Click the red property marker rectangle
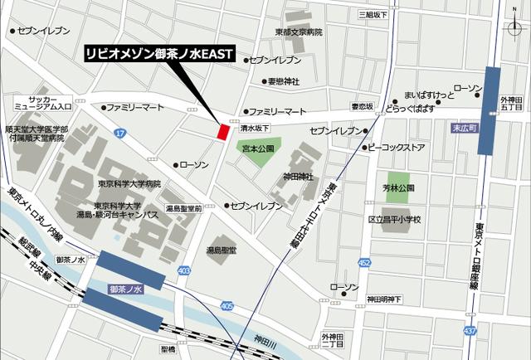pyautogui.click(x=222, y=131)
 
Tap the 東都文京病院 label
pyautogui.click(x=299, y=32)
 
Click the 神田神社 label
pyautogui.click(x=299, y=177)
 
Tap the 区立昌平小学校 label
pyautogui.click(x=394, y=220)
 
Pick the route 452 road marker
pyautogui.click(x=364, y=263)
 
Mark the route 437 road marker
pyautogui.click(x=470, y=332)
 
